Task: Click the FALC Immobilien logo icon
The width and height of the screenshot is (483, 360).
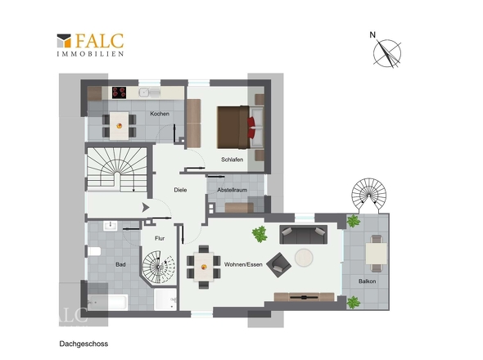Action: click(64, 41)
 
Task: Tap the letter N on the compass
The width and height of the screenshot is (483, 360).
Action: click(372, 35)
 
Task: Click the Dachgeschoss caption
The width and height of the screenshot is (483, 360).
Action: click(84, 344)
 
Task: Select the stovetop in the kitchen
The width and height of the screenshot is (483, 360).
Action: click(119, 92)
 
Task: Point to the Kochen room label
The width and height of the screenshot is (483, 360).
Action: click(160, 114)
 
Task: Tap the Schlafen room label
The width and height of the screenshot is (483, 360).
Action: click(232, 160)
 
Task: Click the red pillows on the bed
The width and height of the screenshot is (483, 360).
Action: click(251, 127)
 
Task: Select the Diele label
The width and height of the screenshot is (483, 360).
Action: click(180, 190)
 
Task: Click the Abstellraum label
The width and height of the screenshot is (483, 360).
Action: click(232, 190)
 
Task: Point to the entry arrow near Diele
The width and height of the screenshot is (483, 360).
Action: click(146, 208)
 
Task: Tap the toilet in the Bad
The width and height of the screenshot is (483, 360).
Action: click(94, 251)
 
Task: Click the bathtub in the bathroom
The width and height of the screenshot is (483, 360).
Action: click(107, 302)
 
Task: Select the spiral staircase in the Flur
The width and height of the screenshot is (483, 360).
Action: click(159, 267)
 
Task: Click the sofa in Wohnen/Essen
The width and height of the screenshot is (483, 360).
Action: click(304, 235)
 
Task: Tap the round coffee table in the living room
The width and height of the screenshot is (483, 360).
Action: click(304, 258)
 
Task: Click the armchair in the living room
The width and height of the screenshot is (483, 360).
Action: click(279, 265)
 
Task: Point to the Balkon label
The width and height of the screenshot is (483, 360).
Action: click(368, 281)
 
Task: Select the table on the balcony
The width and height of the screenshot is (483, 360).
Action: click(377, 254)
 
